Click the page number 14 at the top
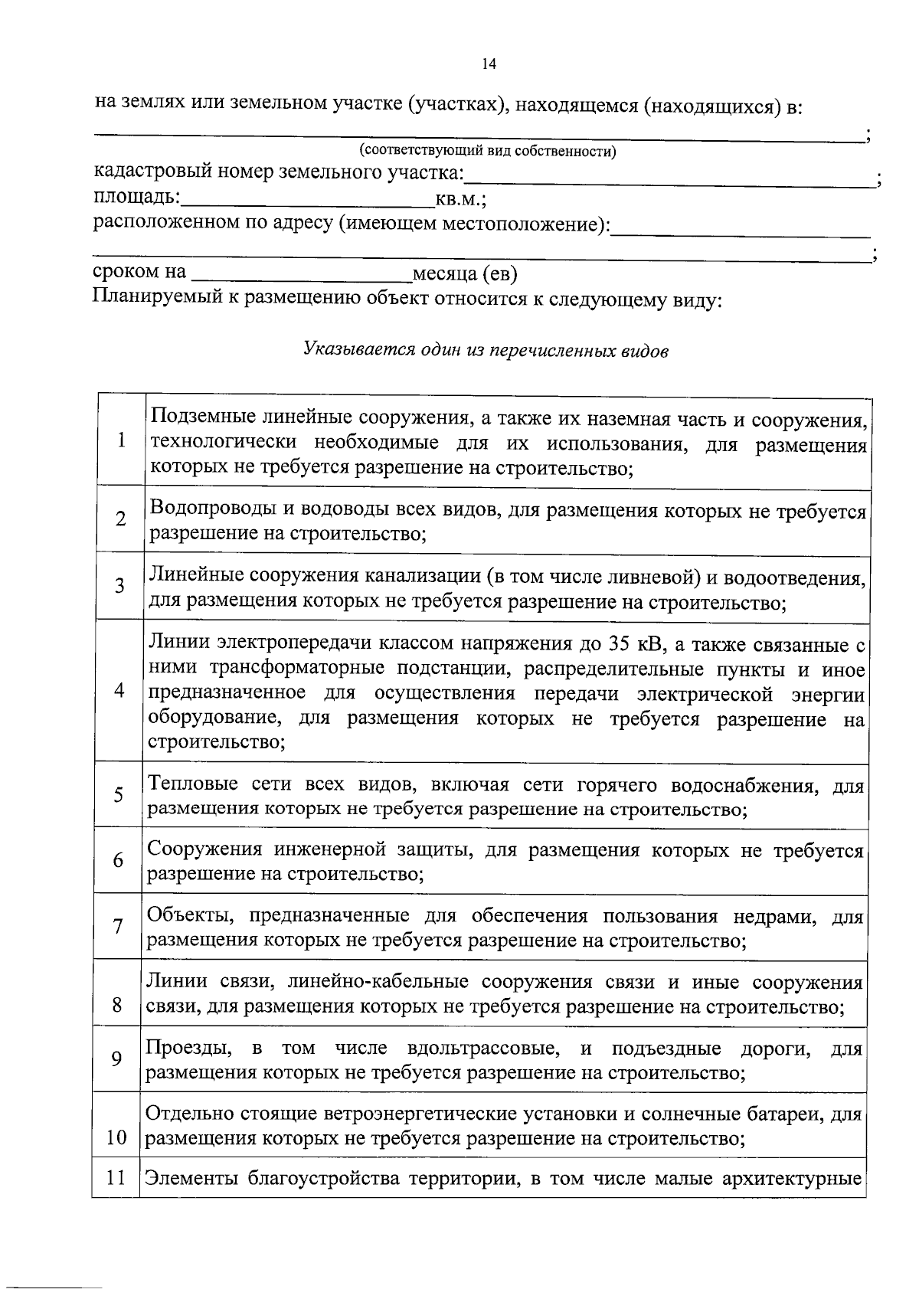coord(489,64)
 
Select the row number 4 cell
coord(119,689)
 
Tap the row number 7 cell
coord(118,927)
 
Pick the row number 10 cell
coord(116,1137)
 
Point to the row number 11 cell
coord(116,1177)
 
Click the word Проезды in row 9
coord(185,1048)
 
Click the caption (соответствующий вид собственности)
coord(488,151)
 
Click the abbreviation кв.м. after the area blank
coord(458,200)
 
